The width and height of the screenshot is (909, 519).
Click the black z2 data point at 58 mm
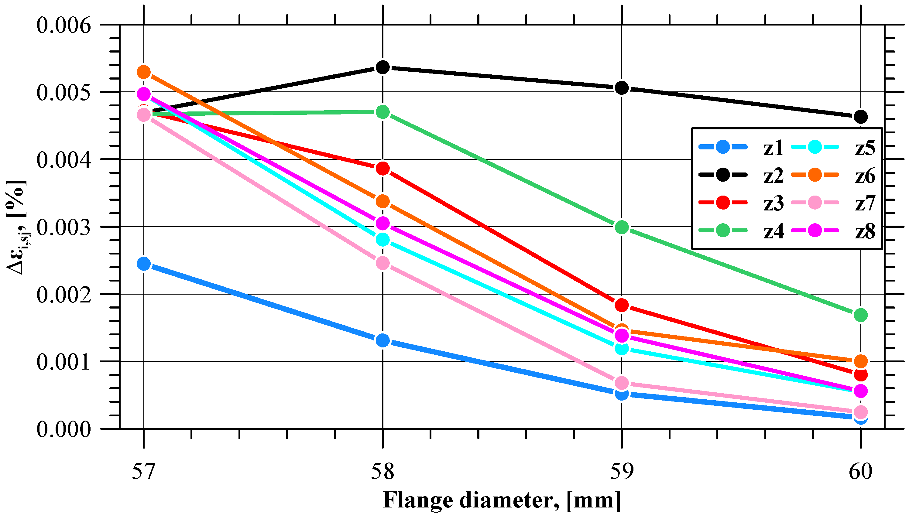382,67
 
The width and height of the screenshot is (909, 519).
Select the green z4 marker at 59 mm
622,227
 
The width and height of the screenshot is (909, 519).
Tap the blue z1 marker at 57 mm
144,264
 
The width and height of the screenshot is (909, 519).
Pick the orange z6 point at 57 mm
144,72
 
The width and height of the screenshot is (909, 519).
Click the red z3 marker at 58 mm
382,168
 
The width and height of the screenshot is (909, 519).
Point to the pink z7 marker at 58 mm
382,263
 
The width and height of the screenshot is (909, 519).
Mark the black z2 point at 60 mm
860,117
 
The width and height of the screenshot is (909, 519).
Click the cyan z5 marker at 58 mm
382,240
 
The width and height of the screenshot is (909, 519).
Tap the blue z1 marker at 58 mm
382,340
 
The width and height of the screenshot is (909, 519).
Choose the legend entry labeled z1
773,148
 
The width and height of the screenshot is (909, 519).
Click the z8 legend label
865,231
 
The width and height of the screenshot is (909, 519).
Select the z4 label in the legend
773,231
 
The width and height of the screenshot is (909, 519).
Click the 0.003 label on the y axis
64,227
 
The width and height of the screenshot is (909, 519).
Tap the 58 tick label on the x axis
382,471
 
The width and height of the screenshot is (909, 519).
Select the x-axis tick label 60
860,471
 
